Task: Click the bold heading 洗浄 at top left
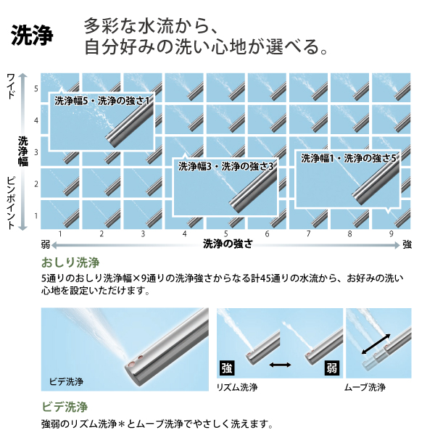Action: point(32,37)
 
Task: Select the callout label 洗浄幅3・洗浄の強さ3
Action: point(225,166)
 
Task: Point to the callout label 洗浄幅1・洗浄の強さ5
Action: point(349,157)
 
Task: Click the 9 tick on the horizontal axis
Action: point(391,234)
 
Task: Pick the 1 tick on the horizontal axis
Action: point(59,234)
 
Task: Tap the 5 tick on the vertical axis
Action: point(36,88)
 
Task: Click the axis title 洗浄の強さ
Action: point(228,244)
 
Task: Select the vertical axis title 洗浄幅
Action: point(23,152)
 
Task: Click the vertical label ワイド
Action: point(11,86)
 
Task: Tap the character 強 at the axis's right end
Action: point(407,244)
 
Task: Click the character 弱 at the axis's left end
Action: point(46,244)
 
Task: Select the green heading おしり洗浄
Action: point(70,262)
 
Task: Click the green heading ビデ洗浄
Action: point(65,407)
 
